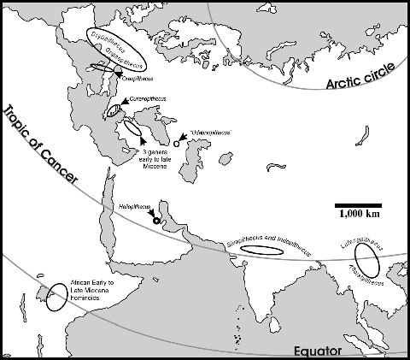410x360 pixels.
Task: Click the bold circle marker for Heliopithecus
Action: pos(155,221)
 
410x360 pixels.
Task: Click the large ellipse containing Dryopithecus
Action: pos(117,49)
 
